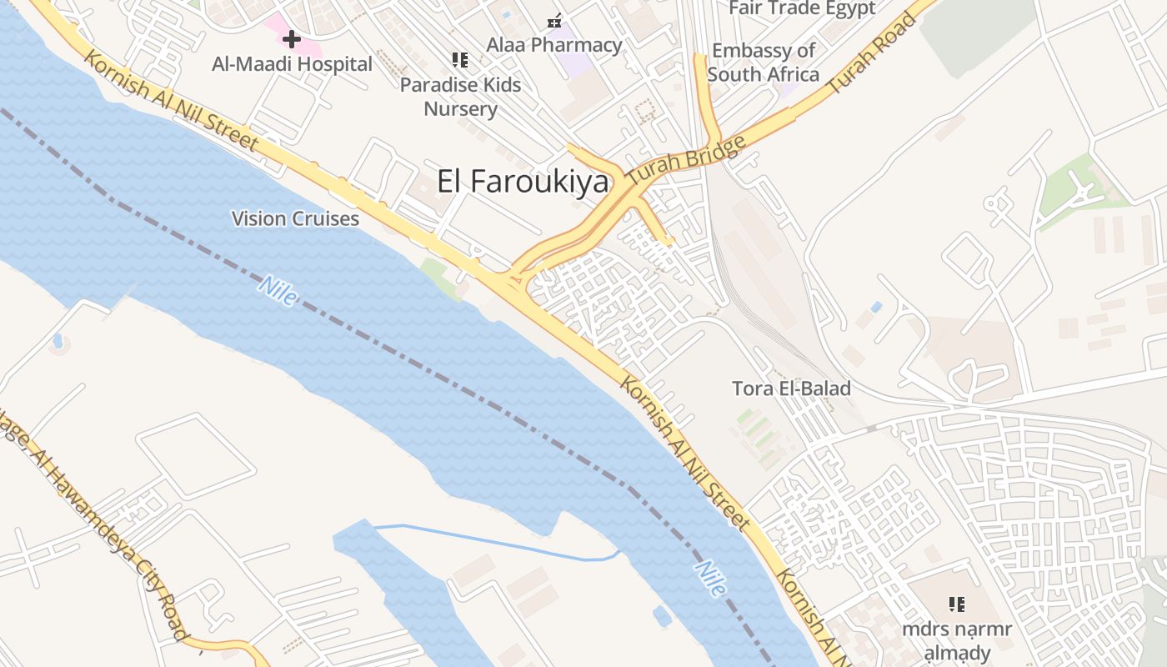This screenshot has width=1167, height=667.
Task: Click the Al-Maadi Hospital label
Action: pos(292,64)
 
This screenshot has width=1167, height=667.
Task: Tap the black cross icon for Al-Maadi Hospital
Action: pos(292,38)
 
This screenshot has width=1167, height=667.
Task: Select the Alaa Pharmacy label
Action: pos(554,45)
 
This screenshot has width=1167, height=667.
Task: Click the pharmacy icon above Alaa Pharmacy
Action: pos(554,20)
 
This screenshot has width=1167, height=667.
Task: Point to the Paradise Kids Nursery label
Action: pos(460,97)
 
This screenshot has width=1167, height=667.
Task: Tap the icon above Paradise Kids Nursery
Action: pos(459,60)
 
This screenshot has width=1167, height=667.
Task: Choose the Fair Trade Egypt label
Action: pos(802,8)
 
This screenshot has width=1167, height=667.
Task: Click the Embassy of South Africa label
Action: pos(763,63)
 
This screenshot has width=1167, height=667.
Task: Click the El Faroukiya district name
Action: pos(523,181)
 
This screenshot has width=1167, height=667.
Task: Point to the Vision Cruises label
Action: pos(295,219)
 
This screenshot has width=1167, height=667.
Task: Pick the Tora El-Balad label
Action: pos(791,389)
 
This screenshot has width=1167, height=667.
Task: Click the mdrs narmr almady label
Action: pos(956,640)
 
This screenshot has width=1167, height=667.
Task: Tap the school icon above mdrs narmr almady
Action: pos(956,604)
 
